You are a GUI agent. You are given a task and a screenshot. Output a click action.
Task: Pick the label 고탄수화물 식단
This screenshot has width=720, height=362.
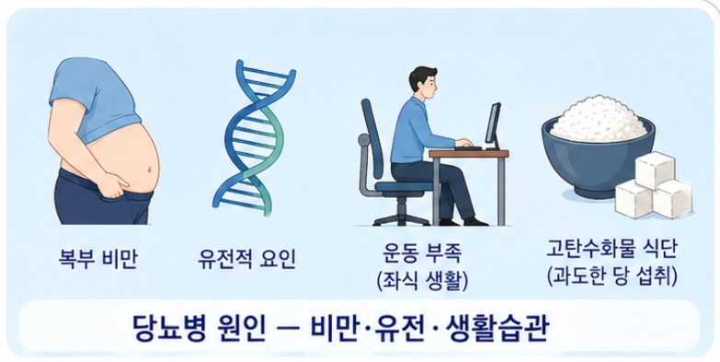(x=611, y=248)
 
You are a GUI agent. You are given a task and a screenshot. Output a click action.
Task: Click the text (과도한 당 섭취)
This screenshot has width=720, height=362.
(x=611, y=274)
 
